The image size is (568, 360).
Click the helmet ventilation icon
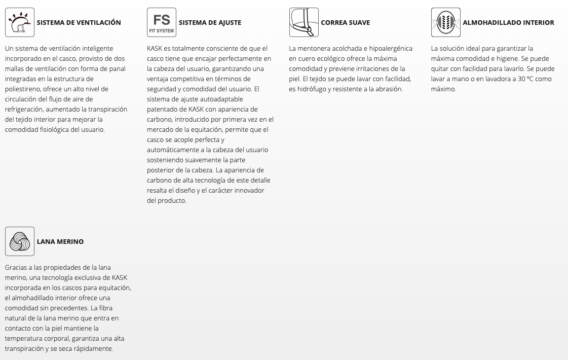20,22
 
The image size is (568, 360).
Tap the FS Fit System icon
162,22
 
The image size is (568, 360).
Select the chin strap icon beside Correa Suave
304,22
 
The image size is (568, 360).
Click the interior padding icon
446,22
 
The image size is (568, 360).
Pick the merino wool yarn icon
20,241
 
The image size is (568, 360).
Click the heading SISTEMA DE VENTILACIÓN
79,22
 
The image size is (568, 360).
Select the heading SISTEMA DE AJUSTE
210,22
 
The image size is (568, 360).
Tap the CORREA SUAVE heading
345,22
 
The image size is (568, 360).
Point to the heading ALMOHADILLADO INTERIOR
508,22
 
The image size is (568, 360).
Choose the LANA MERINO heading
60,241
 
